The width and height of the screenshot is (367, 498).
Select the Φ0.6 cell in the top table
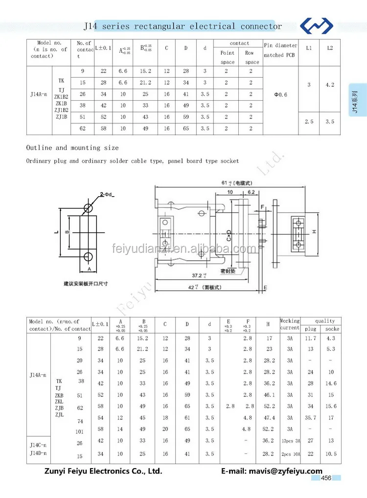click(280, 94)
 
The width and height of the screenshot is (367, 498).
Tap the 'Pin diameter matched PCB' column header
click(280, 50)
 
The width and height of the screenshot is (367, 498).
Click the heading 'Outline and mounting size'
click(72, 148)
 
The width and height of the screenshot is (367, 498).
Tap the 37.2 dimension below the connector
click(198, 276)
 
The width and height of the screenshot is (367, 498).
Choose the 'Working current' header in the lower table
click(290, 324)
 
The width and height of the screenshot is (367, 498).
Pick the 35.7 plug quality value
click(310, 418)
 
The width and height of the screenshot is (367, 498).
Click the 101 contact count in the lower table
click(80, 432)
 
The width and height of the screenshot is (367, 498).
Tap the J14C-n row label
click(38, 445)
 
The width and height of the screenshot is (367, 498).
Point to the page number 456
click(326, 478)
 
